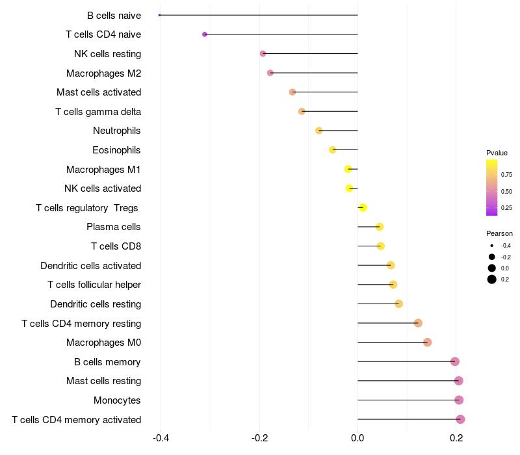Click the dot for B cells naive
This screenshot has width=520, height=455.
pos(159,15)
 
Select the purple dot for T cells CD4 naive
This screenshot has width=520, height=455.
pos(205,34)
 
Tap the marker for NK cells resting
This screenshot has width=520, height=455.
pos(263,53)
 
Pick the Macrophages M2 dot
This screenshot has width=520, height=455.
pos(270,73)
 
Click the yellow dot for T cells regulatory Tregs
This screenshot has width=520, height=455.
pos(363,207)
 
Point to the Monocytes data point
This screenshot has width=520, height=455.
pos(459,400)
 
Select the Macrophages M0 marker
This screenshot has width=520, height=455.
pos(428,343)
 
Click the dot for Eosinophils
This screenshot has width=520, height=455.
pos(333,150)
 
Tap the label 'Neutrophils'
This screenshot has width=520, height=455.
pos(117,131)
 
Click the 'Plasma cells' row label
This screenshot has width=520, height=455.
pos(113,227)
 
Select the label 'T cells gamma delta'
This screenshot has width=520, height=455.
pos(98,112)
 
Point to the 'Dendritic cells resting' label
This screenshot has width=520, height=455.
pos(96,304)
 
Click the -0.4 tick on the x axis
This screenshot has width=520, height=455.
pos(161,438)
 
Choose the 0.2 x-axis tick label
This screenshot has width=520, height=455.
pos(456,438)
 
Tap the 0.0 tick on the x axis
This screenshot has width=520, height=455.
pos(357,438)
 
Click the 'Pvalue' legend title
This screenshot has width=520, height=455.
pos(497,153)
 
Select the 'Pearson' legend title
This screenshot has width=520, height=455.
pos(499,233)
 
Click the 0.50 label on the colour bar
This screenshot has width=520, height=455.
pos(506,191)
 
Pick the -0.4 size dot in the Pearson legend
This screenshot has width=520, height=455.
pos(492,246)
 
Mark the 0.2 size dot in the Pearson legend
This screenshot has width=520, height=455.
pos(492,279)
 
